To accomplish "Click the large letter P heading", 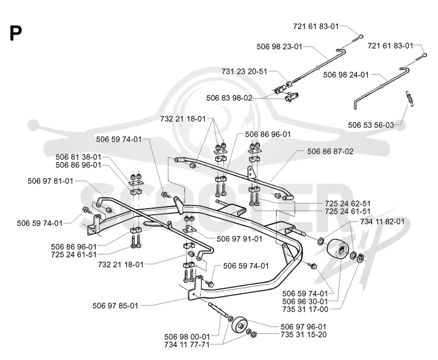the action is (x=16, y=33).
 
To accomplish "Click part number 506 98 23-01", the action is (x=279, y=47).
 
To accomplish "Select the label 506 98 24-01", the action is (x=346, y=75).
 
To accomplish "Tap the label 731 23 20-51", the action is (x=244, y=72).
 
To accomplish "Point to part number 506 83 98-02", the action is (x=229, y=98).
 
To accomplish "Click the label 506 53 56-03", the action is (x=371, y=125).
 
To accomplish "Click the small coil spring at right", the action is (x=410, y=99).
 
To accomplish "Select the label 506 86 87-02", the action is (x=331, y=151).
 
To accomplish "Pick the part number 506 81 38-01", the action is (x=78, y=157).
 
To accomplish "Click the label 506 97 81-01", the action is (x=50, y=181).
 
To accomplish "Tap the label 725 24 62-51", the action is (x=348, y=203).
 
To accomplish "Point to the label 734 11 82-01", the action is (x=382, y=222).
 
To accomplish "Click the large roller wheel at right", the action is (x=338, y=251).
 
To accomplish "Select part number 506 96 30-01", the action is (x=305, y=301).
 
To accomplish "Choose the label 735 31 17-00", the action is (x=305, y=310).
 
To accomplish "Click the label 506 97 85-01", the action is (x=116, y=306).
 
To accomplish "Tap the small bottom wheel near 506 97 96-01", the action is (x=239, y=325).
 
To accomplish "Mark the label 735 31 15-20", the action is (x=303, y=335).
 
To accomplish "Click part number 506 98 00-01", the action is (x=187, y=337).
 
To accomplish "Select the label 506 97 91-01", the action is (x=240, y=239).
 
